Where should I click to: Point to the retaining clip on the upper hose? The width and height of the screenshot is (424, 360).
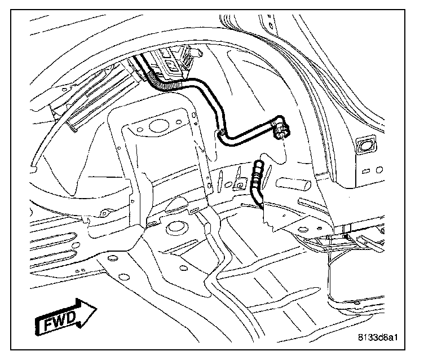[x=223, y=132]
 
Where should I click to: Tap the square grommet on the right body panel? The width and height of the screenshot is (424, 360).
[x=366, y=145]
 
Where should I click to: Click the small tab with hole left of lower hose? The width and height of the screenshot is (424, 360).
[x=241, y=185]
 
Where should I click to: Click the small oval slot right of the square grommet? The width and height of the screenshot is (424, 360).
[x=383, y=169]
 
